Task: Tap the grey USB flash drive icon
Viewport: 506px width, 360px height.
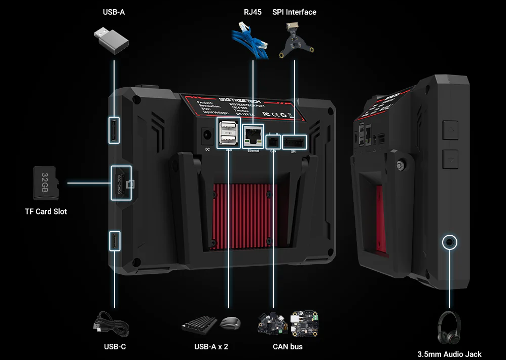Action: pyautogui.click(x=110, y=41)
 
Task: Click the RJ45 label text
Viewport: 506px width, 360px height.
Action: pyautogui.click(x=252, y=12)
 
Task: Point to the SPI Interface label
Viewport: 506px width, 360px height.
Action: pyautogui.click(x=294, y=12)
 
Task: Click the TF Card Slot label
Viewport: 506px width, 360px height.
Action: pyautogui.click(x=46, y=211)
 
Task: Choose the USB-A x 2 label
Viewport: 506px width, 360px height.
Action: pyautogui.click(x=211, y=347)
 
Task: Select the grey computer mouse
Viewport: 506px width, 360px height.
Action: pyautogui.click(x=231, y=322)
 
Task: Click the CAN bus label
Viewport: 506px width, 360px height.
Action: pyautogui.click(x=287, y=347)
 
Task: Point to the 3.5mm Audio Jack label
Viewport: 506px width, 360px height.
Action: pyautogui.click(x=449, y=354)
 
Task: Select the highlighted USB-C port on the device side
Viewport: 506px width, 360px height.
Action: pyautogui.click(x=115, y=240)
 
